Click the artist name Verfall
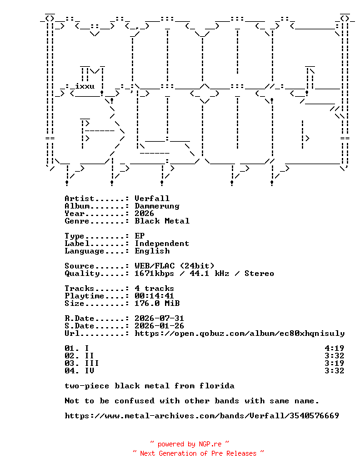[x=152, y=199]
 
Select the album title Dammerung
[x=157, y=206]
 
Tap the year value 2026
[x=144, y=214]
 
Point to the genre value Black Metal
[x=162, y=221]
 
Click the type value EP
[x=139, y=236]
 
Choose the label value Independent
[x=162, y=243]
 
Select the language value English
[x=152, y=251]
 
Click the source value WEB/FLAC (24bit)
[x=174, y=266]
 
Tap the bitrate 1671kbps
[x=154, y=273]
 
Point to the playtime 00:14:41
[x=154, y=296]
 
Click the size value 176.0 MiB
[x=157, y=303]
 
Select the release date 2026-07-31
[x=159, y=318]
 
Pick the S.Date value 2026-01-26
[x=159, y=326]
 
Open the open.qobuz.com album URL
[x=239, y=333]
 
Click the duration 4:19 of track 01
[x=334, y=348]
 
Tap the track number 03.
[x=69, y=363]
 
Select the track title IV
[x=89, y=371]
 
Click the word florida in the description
[x=217, y=386]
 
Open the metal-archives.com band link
[x=202, y=416]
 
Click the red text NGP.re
[x=210, y=445]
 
